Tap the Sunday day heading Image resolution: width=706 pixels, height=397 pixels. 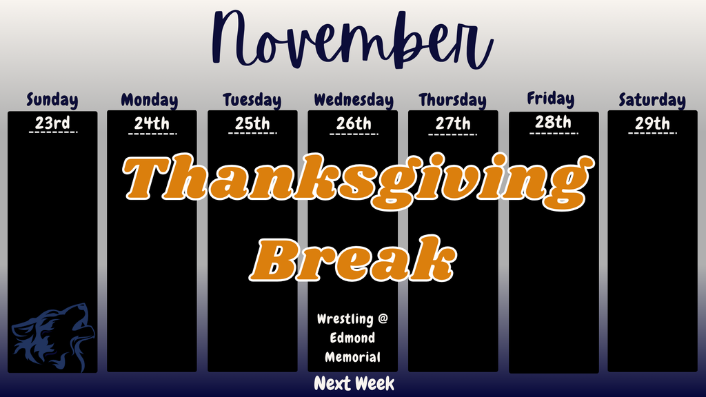tap(52, 100)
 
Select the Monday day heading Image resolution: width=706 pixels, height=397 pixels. tap(150, 101)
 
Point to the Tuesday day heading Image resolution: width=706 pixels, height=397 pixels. tap(252, 101)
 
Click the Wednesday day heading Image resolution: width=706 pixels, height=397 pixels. tap(354, 101)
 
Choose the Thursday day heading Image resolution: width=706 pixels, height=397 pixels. tap(452, 101)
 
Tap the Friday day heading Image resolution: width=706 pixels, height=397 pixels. tap(551, 99)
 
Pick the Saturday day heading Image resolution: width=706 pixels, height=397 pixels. tap(652, 101)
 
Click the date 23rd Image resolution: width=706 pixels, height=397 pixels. tap(52, 124)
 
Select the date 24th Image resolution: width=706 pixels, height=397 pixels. tap(152, 124)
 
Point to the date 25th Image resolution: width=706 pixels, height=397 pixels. tap(252, 124)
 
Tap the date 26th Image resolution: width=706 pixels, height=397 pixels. tap(354, 124)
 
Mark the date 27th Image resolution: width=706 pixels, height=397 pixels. tap(453, 124)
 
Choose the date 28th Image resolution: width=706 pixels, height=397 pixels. tap(554, 123)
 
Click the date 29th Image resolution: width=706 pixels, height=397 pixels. tap(652, 124)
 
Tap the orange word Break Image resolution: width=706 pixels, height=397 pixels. tap(354, 261)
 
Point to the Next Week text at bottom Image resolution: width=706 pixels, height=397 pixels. tap(354, 384)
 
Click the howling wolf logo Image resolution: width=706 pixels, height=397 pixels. tap(52, 334)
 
